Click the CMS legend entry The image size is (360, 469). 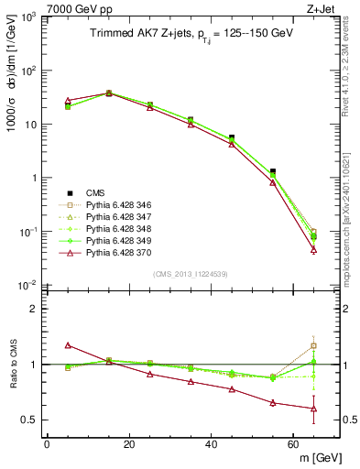pyautogui.click(x=94, y=192)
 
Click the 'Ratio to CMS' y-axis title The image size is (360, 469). pyautogui.click(x=12, y=365)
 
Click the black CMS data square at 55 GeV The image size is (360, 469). pyautogui.click(x=272, y=171)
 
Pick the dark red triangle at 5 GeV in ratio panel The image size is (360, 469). pyautogui.click(x=68, y=345)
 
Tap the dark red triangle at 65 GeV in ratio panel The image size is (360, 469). pyautogui.click(x=313, y=409)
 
